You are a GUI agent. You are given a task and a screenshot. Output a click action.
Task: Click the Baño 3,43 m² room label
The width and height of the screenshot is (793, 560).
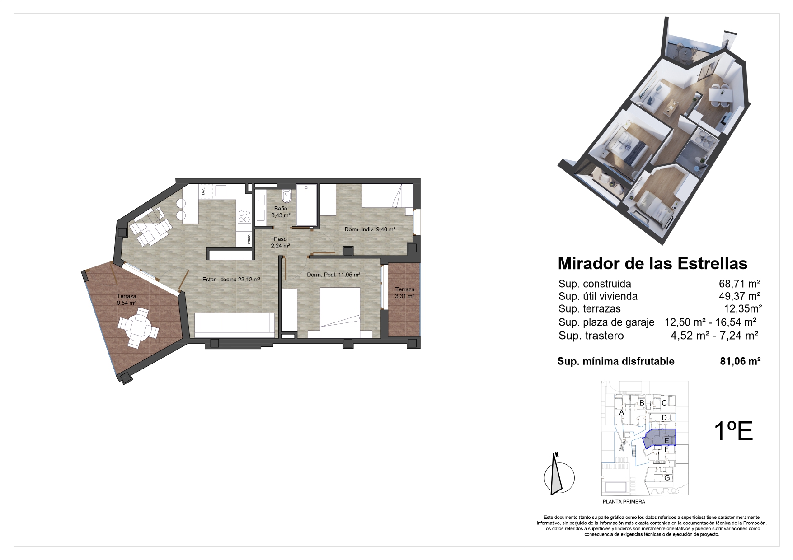tap(281, 212)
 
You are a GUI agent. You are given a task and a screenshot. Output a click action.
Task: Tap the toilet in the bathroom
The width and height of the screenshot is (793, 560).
tap(286, 197)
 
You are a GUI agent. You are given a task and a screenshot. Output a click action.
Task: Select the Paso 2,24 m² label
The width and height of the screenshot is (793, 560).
tap(280, 243)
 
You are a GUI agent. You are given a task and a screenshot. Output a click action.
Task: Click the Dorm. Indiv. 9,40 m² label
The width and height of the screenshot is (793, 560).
tap(370, 229)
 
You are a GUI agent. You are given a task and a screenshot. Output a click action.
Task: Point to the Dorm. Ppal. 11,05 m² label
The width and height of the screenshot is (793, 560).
tap(333, 275)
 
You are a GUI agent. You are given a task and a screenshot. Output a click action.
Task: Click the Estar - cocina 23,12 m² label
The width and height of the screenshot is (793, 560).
tap(231, 280)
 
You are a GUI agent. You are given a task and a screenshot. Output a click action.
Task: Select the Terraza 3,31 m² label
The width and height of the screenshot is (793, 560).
tap(404, 293)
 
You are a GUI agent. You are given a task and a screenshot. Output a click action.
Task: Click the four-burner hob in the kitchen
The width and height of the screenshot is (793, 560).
tap(244, 217)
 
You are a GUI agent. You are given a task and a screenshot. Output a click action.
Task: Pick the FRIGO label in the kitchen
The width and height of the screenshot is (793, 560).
tap(249, 239)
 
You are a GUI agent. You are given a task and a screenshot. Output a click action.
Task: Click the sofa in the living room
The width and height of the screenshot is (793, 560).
tap(234, 325)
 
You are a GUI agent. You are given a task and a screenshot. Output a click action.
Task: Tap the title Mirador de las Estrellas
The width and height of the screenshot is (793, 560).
tap(652, 263)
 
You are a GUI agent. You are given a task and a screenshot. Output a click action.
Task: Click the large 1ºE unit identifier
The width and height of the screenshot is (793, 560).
tap(733, 431)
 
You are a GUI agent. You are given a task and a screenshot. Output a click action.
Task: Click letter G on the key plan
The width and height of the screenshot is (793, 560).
tap(666, 478)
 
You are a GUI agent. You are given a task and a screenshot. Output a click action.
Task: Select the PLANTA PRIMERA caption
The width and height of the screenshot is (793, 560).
tap(624, 501)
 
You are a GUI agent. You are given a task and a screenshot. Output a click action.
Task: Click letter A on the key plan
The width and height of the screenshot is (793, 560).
tap(622, 412)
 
